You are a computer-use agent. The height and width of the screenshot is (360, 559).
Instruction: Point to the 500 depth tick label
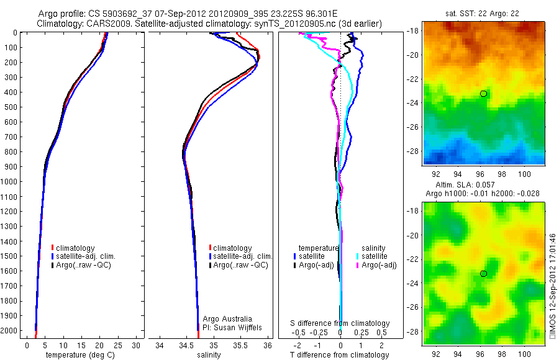click(9, 107)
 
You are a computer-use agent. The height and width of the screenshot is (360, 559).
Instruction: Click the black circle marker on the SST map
click(483, 94)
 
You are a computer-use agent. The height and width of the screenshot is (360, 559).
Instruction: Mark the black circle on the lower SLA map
click(483, 274)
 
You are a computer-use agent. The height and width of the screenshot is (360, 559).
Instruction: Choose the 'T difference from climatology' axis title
click(340, 355)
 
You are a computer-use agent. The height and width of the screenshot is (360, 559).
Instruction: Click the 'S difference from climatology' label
click(340, 323)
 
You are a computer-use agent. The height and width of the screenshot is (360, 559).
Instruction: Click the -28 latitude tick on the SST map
click(414, 151)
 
